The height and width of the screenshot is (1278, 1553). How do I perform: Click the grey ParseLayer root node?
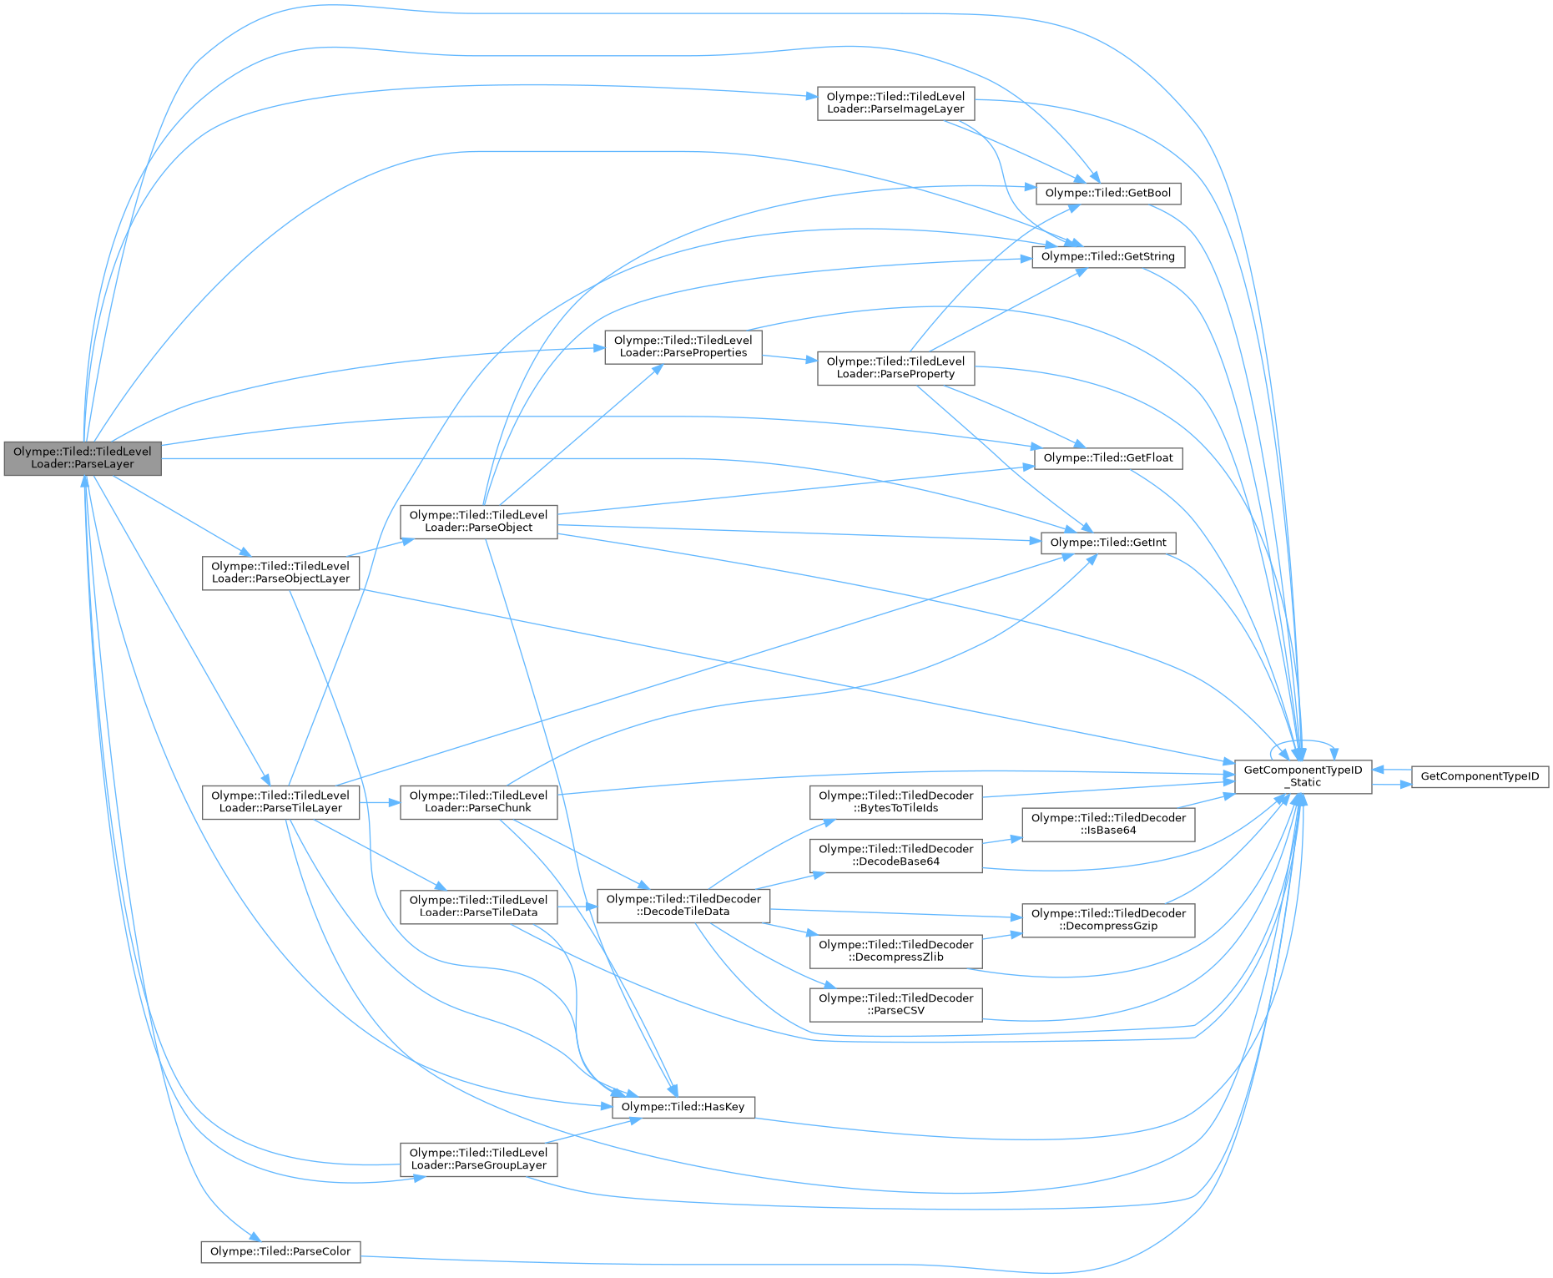(82, 458)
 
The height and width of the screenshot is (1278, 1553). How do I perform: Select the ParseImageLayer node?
(895, 103)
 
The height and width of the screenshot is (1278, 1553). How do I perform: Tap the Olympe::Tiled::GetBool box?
(1107, 193)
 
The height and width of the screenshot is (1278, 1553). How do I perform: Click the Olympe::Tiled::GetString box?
(1107, 256)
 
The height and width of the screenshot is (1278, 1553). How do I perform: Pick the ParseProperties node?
(683, 346)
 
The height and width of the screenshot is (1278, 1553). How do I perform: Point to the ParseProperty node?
(895, 367)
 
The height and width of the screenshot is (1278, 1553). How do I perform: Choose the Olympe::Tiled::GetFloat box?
(1107, 457)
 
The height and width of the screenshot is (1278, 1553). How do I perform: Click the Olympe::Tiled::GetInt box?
(1107, 543)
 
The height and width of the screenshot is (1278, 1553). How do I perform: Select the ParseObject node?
(478, 521)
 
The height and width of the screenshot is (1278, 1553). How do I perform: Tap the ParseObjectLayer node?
(280, 573)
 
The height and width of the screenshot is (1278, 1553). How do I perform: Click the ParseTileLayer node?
(280, 802)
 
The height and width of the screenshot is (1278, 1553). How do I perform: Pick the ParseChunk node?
(478, 802)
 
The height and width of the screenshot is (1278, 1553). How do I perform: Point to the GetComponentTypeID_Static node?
(1303, 776)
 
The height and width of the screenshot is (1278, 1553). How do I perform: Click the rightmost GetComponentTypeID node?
(1480, 776)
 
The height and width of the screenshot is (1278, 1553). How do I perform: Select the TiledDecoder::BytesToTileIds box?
(895, 802)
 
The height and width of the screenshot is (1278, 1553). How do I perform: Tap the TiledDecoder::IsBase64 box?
(1108, 824)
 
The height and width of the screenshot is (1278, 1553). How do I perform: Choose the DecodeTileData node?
(683, 905)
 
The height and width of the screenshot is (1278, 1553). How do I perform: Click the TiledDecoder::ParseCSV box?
(895, 1004)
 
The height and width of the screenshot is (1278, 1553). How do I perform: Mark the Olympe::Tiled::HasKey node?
(683, 1107)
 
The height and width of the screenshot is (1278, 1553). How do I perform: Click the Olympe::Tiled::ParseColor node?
(280, 1251)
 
